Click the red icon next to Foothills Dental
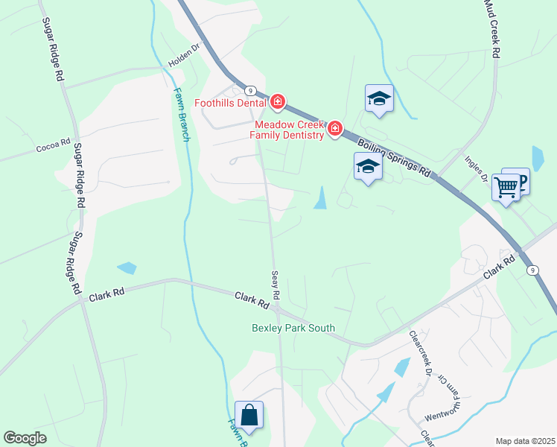(278, 101)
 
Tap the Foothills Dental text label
(231, 103)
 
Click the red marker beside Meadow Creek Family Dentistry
(334, 130)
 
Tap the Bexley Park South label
(293, 328)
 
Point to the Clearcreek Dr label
(418, 359)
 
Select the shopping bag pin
(249, 415)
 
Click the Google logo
(25, 438)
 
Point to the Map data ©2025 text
(525, 441)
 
